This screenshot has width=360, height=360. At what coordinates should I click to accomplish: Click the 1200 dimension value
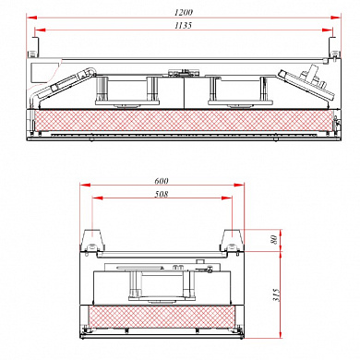pos(184,12)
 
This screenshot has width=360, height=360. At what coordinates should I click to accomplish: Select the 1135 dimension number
pos(183,25)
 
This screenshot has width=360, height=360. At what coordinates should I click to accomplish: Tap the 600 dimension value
pos(162,181)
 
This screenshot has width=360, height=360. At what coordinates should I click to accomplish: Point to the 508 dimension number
pos(162,194)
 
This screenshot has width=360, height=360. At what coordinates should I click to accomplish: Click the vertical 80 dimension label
pos(273,239)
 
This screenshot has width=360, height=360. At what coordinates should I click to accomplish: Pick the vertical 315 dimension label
pos(276,294)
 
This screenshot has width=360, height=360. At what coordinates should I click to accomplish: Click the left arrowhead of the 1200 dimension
pos(31,18)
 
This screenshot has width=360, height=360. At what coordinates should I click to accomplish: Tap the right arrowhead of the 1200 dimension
pos(335,18)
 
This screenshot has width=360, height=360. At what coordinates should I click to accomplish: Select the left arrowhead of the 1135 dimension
pos(40,30)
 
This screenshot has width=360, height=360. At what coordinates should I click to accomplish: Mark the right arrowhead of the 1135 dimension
pos(327,30)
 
